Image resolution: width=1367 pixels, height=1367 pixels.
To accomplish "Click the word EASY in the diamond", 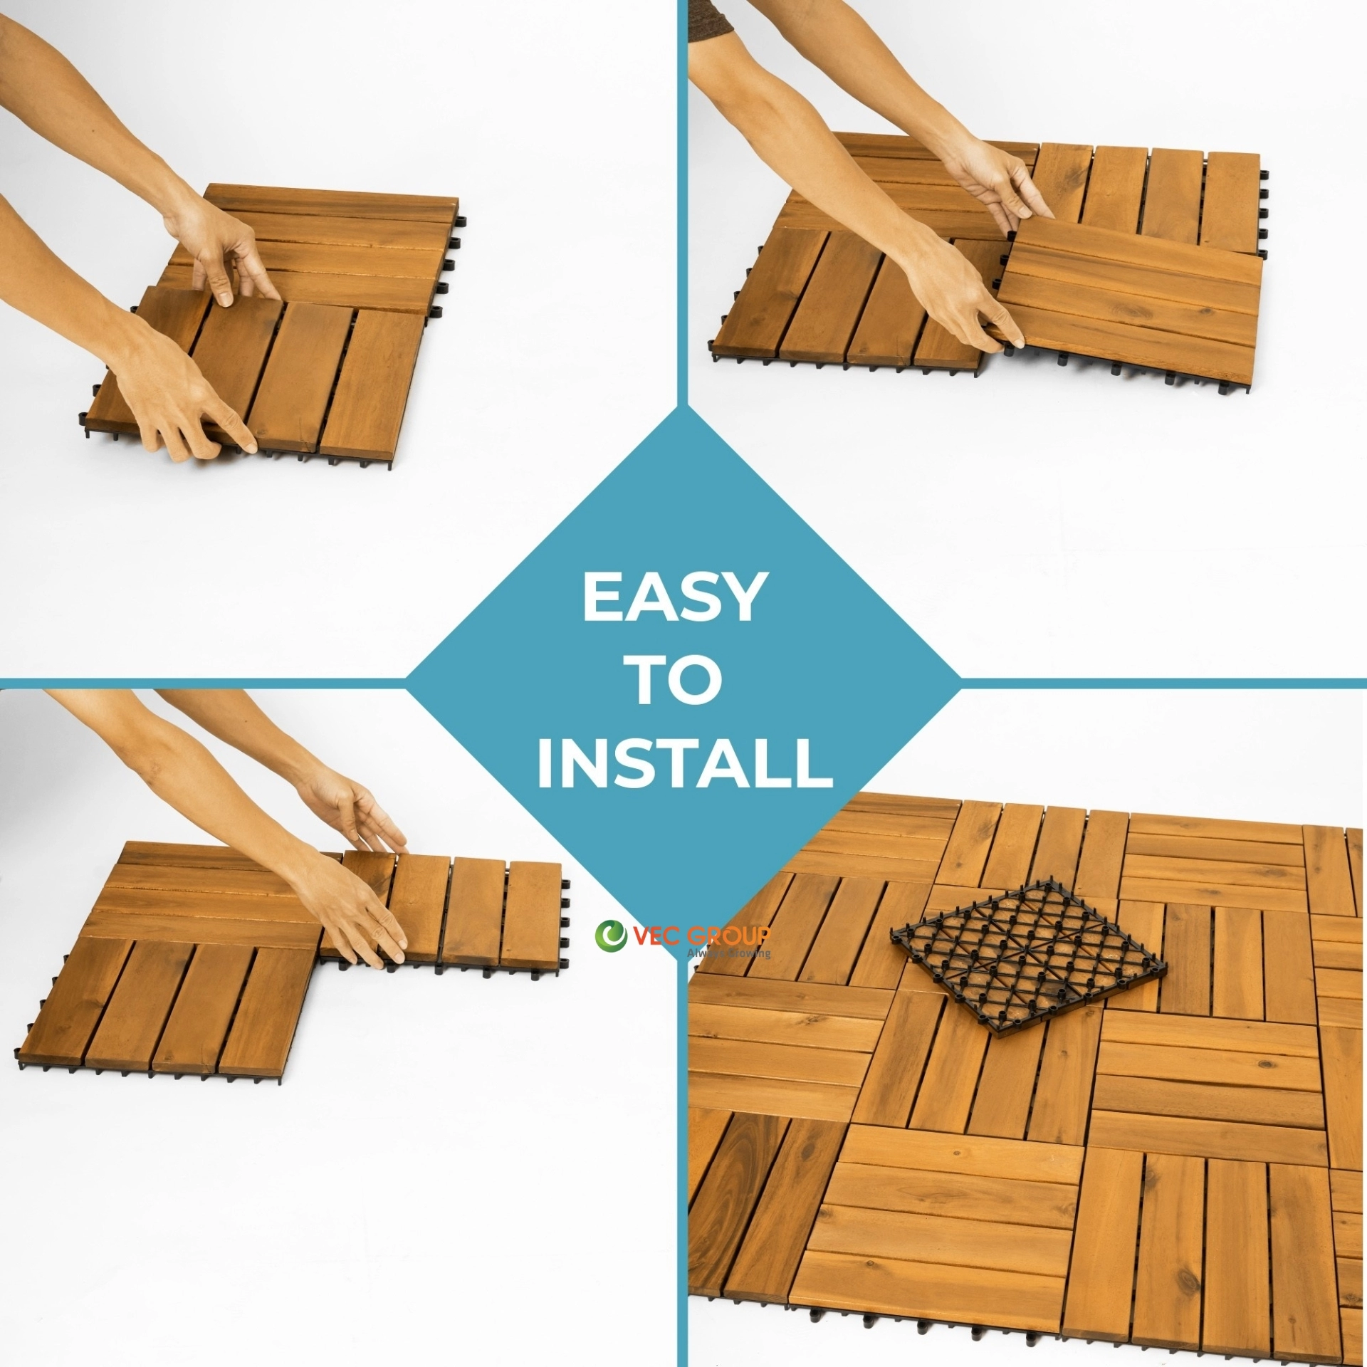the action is click(x=674, y=597).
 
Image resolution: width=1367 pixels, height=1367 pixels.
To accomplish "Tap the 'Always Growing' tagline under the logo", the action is click(x=728, y=953).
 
